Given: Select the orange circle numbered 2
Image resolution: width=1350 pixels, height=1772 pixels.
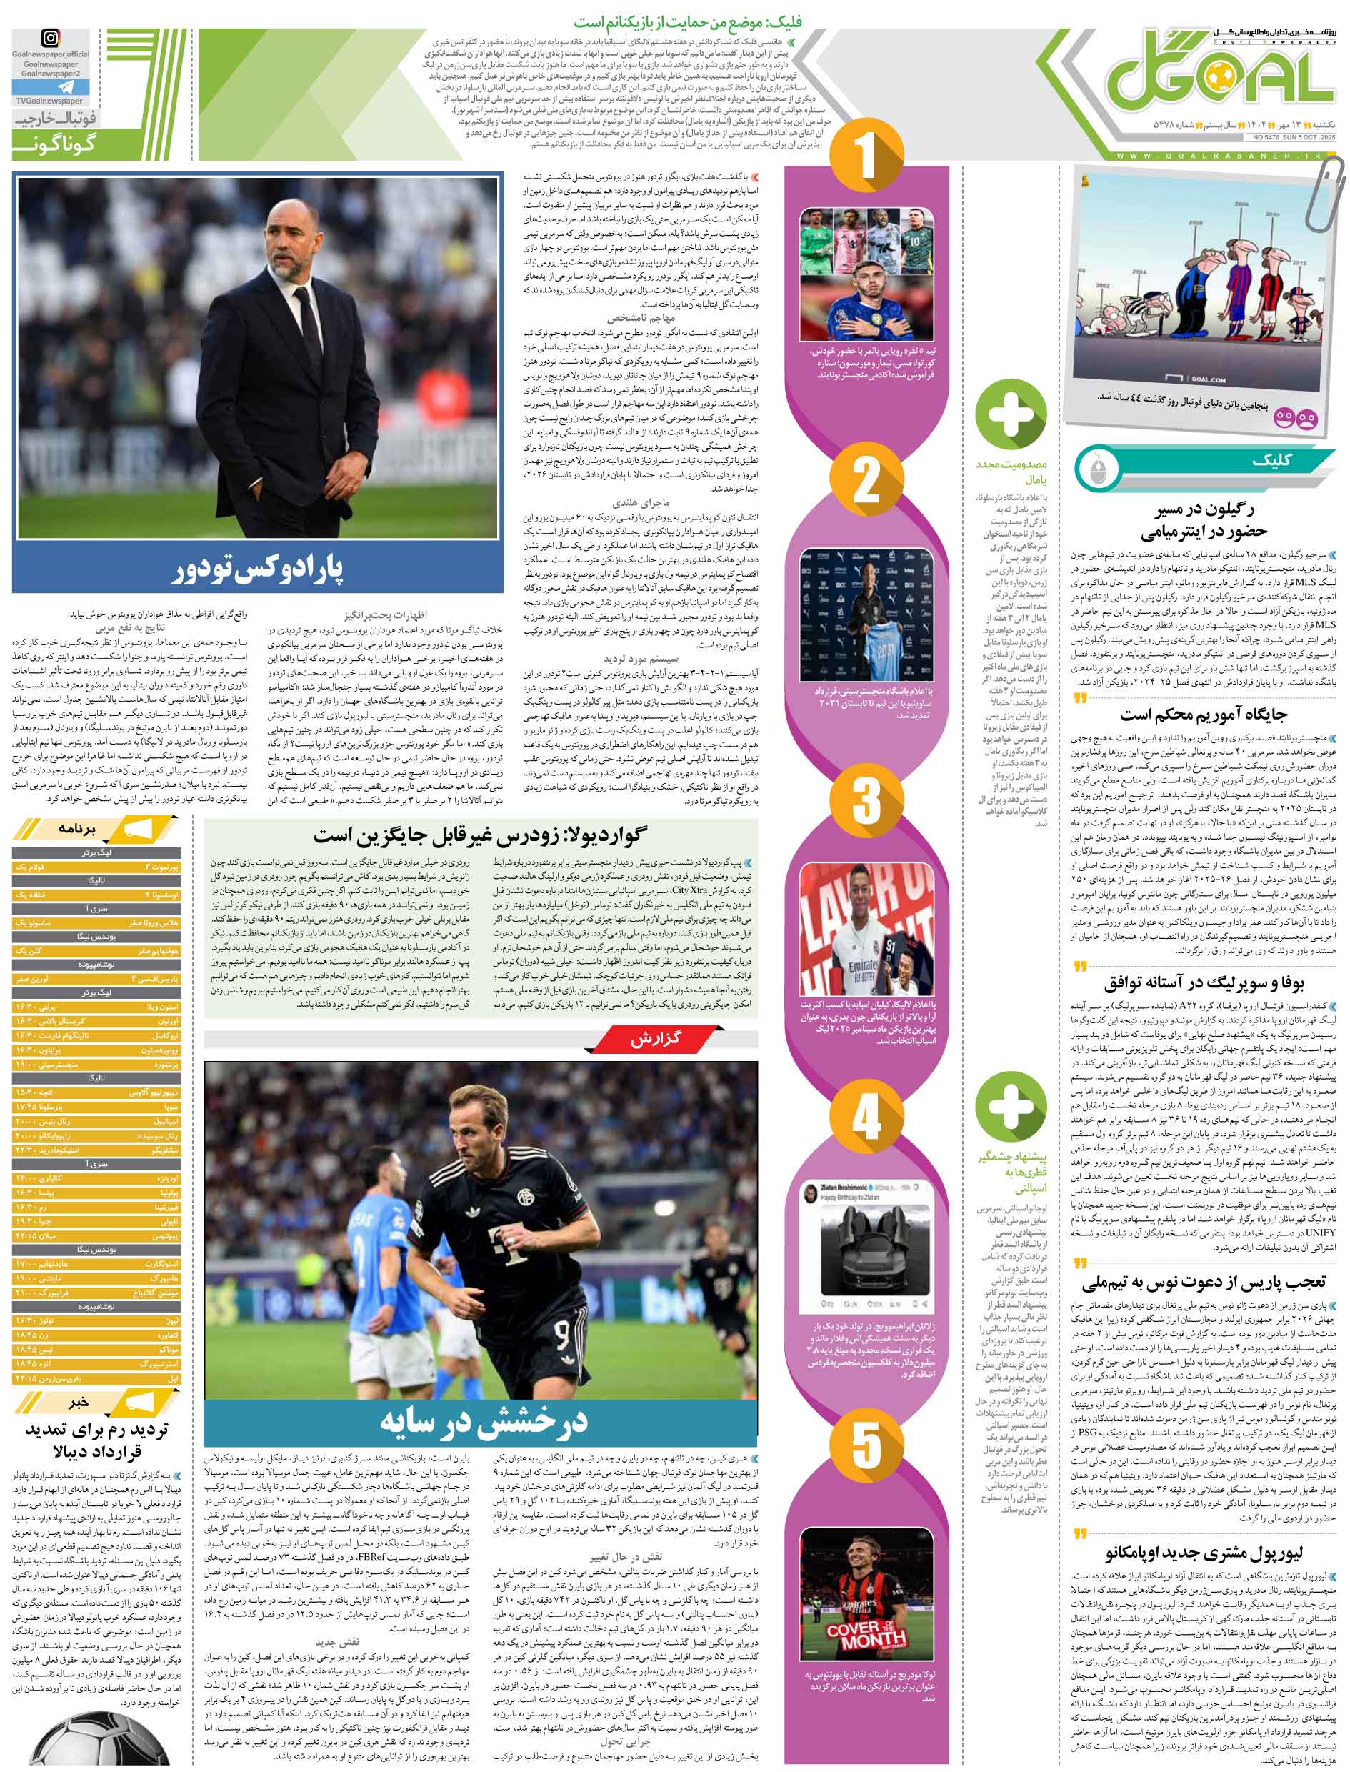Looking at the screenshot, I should (866, 482).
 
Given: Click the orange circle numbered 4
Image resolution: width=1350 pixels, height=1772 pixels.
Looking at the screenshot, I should (866, 1117).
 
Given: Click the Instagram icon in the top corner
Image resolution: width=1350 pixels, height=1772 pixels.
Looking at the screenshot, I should (50, 37).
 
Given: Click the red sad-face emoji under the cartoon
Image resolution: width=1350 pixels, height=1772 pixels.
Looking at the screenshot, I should (1307, 419).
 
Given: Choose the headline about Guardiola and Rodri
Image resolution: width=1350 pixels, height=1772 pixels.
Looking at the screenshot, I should (480, 834).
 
